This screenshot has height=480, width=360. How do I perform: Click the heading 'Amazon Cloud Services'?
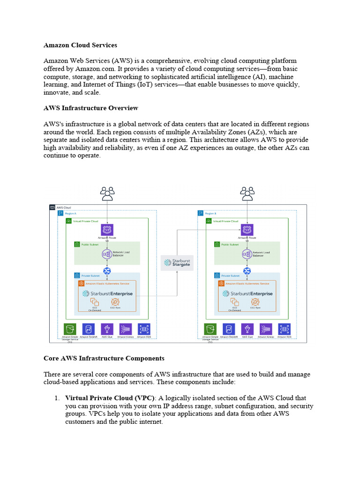(x=80, y=45)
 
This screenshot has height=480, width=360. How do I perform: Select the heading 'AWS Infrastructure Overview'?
(x=90, y=108)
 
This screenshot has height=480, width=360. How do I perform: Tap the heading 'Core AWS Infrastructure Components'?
(x=104, y=358)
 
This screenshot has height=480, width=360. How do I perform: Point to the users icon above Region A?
(x=107, y=193)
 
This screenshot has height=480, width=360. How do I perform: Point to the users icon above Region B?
(x=247, y=193)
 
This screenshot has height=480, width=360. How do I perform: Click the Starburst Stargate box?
(x=177, y=262)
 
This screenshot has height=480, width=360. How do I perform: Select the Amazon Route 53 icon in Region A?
(x=107, y=230)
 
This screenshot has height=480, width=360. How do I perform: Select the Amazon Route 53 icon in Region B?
(x=247, y=230)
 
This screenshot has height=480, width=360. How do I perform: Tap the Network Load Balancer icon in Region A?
(x=107, y=254)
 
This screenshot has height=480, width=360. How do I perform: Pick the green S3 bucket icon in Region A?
(x=70, y=329)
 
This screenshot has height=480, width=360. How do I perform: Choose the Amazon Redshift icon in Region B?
(x=228, y=329)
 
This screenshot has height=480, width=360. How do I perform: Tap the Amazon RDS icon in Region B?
(x=284, y=329)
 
